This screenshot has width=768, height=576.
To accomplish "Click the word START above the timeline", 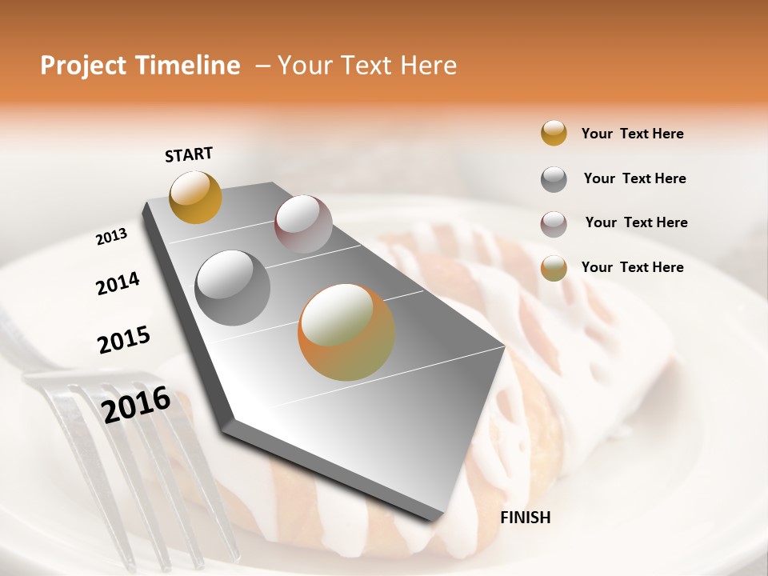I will point(189,154).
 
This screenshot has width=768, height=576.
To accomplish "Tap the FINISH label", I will point(525,518).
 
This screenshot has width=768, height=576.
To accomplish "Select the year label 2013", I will point(112,237).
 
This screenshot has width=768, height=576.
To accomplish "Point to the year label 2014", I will point(118,283).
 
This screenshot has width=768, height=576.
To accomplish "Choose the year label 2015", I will point(124,340).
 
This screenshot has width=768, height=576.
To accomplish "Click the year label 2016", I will point(136,403).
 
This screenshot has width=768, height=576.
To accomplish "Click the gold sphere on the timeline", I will point(195,197).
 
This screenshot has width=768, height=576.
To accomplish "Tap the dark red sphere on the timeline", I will point(303,224).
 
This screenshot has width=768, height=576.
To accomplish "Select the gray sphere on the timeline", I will point(233,288).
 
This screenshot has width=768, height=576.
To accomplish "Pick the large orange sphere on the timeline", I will point(346,332).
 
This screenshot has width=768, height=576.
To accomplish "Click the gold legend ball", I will point(554,133).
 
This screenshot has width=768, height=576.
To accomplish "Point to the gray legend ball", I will point(554,179).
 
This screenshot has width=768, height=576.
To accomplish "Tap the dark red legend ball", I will point(554,224).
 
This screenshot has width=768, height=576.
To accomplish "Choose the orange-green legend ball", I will point(554,268).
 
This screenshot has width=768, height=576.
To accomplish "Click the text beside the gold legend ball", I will point(632,134).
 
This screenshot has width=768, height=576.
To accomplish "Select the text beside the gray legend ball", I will point(634,178).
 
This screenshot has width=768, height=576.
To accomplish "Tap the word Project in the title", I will point(82,66).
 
